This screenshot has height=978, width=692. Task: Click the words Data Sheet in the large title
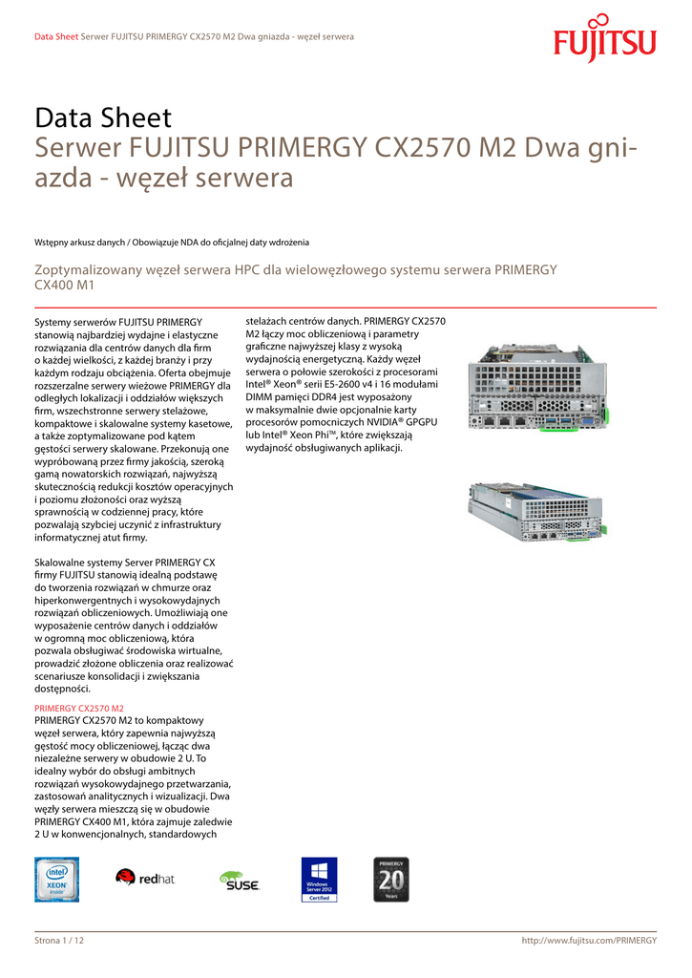tap(103, 118)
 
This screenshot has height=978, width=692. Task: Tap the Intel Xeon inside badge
tap(56, 879)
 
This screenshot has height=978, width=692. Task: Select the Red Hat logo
tap(145, 878)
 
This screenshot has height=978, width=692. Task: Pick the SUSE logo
tap(239, 881)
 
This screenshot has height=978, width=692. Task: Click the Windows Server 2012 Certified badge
tap(319, 879)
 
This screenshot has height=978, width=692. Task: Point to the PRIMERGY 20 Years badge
tap(391, 879)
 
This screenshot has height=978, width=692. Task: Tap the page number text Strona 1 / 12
tap(59, 941)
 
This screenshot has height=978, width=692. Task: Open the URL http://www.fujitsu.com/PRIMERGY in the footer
tap(589, 941)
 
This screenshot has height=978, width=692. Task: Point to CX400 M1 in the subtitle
tap(65, 285)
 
